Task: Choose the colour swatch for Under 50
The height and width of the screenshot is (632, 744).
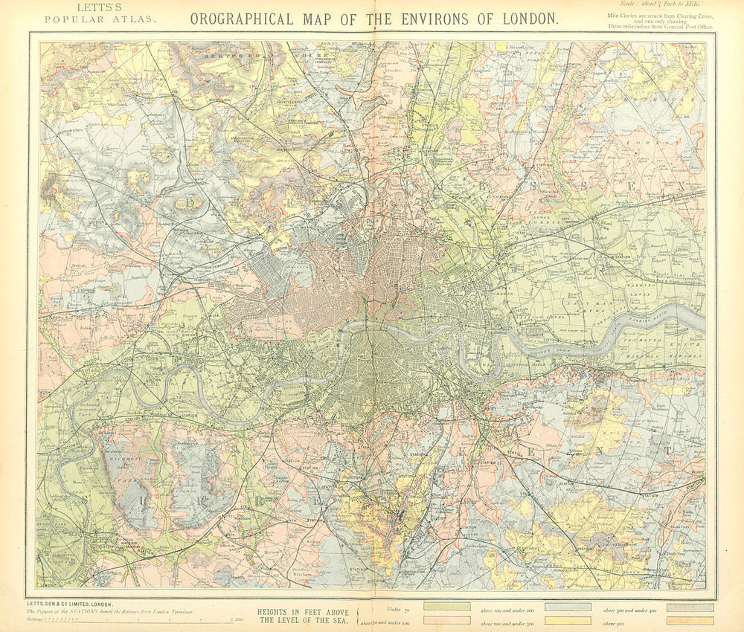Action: (446, 607)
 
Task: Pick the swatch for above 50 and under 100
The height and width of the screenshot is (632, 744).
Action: (446, 620)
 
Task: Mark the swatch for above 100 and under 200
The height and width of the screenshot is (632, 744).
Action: (568, 607)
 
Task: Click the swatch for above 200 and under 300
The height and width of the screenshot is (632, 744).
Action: (568, 620)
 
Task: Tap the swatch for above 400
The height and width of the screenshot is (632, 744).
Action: (690, 620)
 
